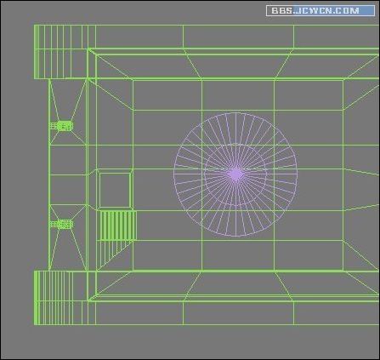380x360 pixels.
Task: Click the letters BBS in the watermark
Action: (x=281, y=11)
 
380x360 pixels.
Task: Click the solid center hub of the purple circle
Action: (x=235, y=174)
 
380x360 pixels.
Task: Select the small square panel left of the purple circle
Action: (x=114, y=189)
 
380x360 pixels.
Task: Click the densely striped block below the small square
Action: (x=117, y=226)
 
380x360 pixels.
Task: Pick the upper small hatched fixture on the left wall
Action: (x=61, y=126)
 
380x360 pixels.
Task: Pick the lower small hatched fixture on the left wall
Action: (x=61, y=224)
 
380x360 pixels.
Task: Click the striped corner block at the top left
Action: (x=61, y=52)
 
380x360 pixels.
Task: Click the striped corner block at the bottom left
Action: (x=61, y=298)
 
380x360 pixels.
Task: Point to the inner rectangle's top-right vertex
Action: (x=342, y=79)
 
